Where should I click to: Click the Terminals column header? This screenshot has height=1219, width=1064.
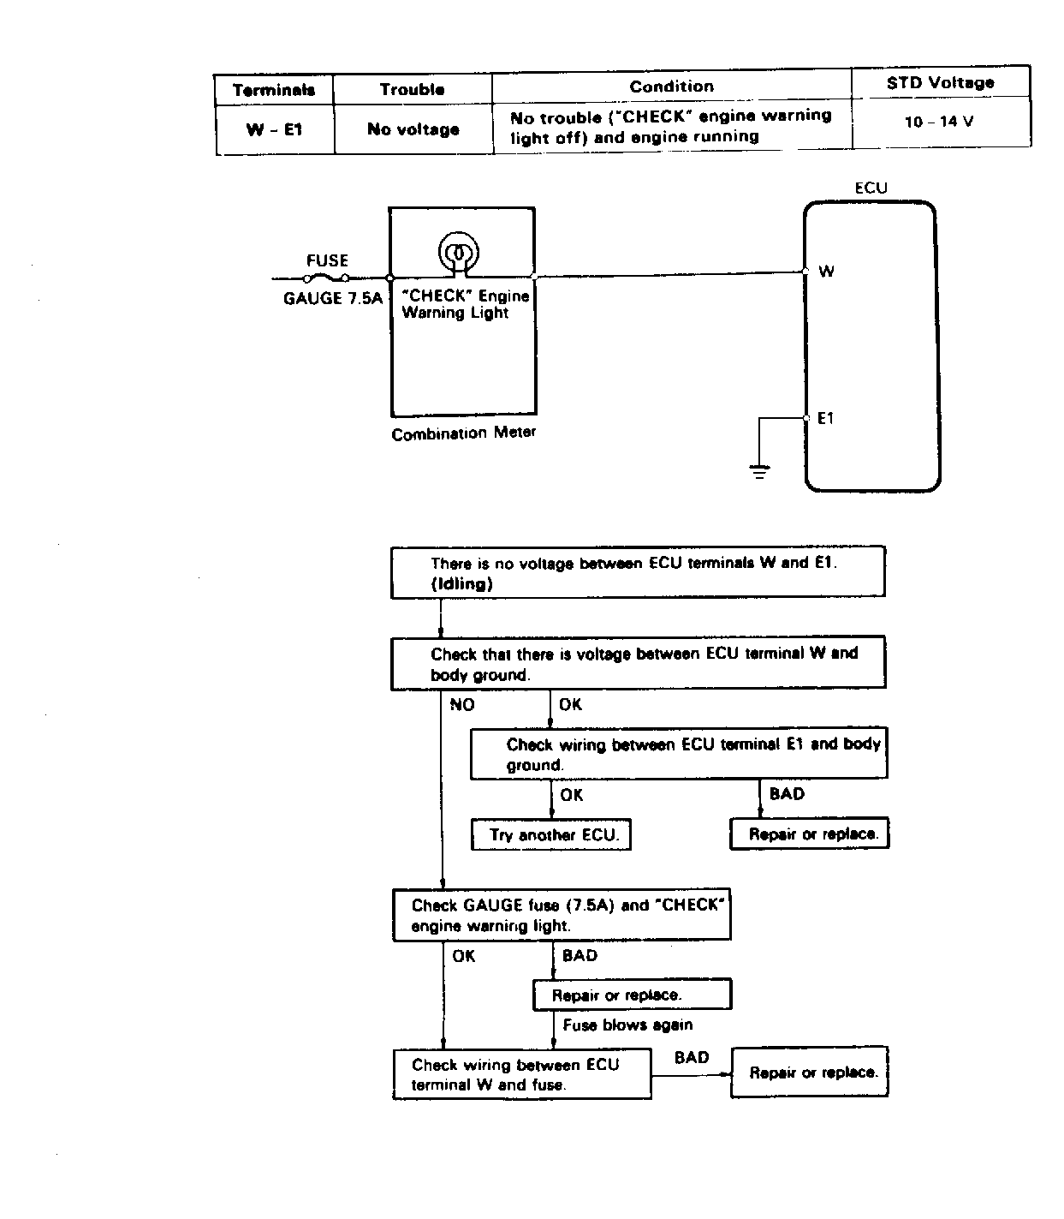click(x=274, y=90)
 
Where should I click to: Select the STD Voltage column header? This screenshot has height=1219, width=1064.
click(x=940, y=83)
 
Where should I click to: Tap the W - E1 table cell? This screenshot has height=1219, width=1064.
click(x=275, y=129)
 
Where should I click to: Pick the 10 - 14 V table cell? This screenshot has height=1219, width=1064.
click(x=939, y=122)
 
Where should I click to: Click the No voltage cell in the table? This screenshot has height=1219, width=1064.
click(x=413, y=129)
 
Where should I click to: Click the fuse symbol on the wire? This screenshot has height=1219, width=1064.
click(x=326, y=278)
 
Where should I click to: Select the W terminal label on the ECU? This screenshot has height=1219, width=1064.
click(x=826, y=272)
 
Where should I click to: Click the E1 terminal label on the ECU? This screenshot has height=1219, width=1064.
click(x=825, y=418)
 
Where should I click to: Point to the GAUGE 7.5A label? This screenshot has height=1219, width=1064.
click(x=333, y=298)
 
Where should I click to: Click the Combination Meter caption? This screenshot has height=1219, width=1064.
click(x=463, y=433)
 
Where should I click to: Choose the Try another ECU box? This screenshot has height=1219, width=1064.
click(x=550, y=834)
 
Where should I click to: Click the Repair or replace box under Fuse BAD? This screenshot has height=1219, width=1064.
click(x=633, y=995)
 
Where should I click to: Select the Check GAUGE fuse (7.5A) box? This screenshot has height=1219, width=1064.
click(x=562, y=915)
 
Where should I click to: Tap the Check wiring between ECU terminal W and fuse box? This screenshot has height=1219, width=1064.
click(x=522, y=1074)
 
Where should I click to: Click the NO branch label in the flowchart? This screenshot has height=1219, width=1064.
click(x=462, y=705)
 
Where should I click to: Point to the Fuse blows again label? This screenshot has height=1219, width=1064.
click(x=627, y=1025)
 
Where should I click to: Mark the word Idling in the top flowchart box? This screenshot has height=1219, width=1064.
click(x=462, y=583)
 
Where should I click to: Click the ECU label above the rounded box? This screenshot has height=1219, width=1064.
click(x=871, y=188)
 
